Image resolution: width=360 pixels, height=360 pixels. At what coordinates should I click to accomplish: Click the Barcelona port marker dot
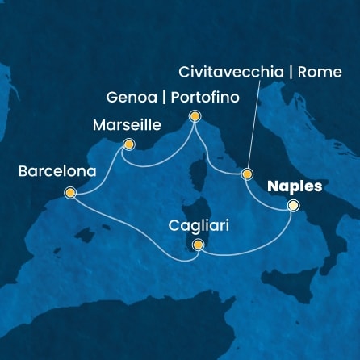70,193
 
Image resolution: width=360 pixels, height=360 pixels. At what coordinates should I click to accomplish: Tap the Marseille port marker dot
128,145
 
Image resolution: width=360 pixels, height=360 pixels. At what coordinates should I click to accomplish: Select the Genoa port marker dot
195,118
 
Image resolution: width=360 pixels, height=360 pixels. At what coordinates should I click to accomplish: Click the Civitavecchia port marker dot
247,174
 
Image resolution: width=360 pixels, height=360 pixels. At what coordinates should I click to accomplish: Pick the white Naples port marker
293,207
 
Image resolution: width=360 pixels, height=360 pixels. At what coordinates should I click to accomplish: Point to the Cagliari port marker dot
198,247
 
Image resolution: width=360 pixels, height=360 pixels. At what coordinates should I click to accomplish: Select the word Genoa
128,98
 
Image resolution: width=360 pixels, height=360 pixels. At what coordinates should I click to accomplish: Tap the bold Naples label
294,186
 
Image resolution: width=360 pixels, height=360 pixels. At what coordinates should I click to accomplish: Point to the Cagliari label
199,227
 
